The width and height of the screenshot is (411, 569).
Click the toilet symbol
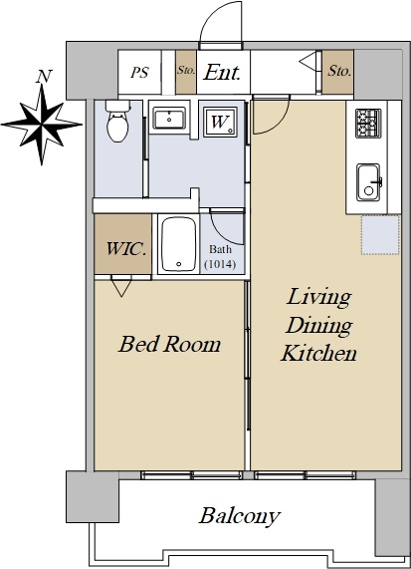[x=117, y=121]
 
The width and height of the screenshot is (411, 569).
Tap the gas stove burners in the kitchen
[x=368, y=124]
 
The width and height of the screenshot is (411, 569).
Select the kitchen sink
[x=369, y=182]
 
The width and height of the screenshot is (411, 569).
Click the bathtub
[x=179, y=244]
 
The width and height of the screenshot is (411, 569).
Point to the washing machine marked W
[x=220, y=122]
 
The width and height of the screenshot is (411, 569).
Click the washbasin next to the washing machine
[x=169, y=118]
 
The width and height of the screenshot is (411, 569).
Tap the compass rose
[x=42, y=125]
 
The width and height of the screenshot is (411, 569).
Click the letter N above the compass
[x=44, y=76]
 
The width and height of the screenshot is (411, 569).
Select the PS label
[x=140, y=72]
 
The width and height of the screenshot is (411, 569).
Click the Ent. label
[x=222, y=72]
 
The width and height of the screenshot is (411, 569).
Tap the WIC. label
[x=126, y=249]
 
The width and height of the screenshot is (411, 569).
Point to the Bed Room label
[x=169, y=344]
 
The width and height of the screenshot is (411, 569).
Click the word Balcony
[x=240, y=516]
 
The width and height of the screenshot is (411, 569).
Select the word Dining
[x=318, y=326]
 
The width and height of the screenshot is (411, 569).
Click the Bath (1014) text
[x=220, y=257]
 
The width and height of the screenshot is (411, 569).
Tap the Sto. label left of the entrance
[x=186, y=70]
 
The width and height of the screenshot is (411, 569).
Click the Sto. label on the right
[x=339, y=71]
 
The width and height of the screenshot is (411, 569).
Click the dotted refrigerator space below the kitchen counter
[x=380, y=235]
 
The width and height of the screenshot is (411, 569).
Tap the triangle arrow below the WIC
[x=121, y=286]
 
